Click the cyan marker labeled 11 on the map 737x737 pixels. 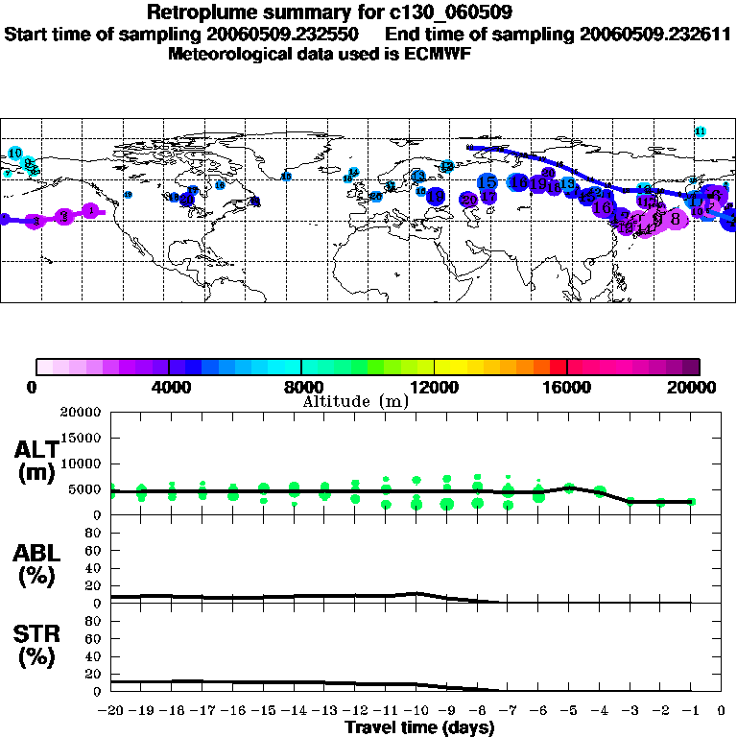pos(700,131)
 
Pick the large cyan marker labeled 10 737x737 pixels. pos(15,154)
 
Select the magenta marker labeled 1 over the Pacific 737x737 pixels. pos(91,211)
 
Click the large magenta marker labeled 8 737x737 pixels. pos(676,219)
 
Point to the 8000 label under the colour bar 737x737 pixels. pos(301,388)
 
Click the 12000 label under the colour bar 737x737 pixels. pos(434,388)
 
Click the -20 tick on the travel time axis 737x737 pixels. pos(111,711)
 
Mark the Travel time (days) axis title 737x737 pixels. pos(419,728)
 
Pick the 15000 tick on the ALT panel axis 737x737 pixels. pos(80,438)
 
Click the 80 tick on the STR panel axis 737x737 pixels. pos(94,620)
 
